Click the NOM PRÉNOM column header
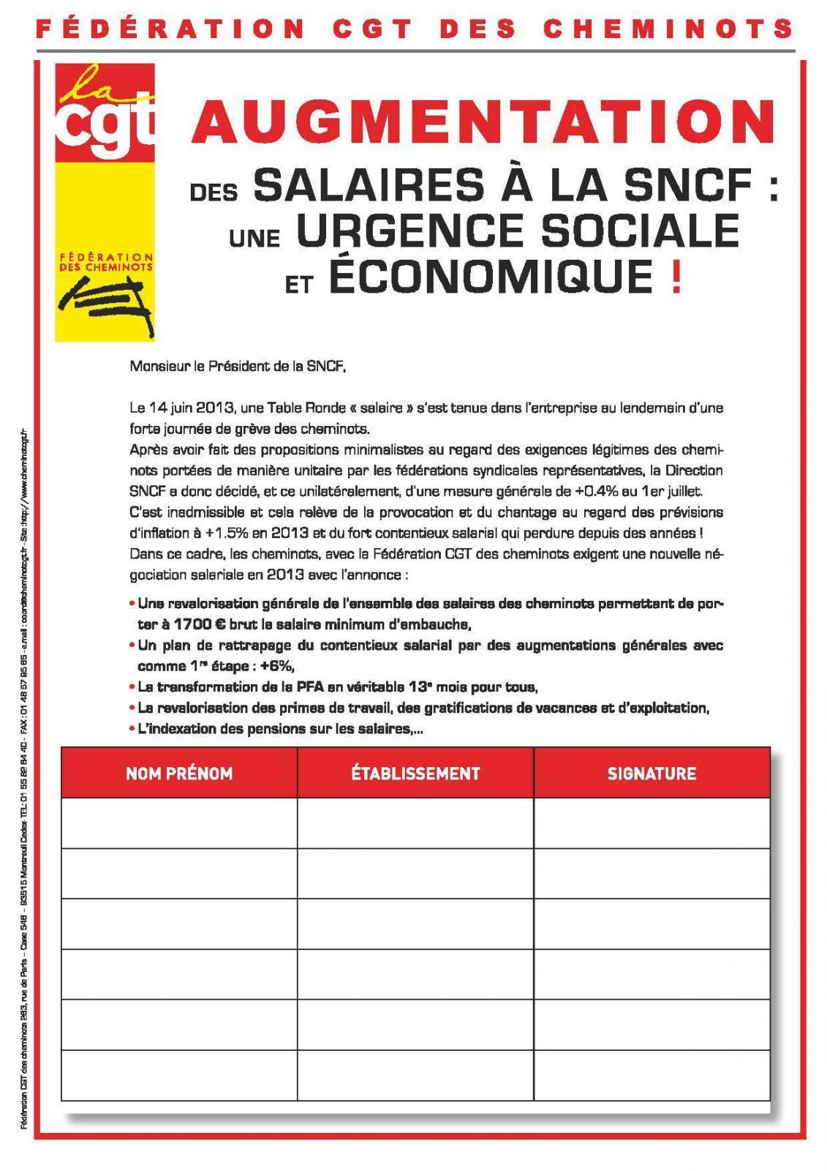click(179, 773)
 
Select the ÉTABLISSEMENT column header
click(415, 773)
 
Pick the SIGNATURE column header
click(652, 773)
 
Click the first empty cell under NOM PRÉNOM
click(179, 823)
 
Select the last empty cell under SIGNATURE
click(652, 1074)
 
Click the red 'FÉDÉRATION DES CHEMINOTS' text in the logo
click(106, 262)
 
